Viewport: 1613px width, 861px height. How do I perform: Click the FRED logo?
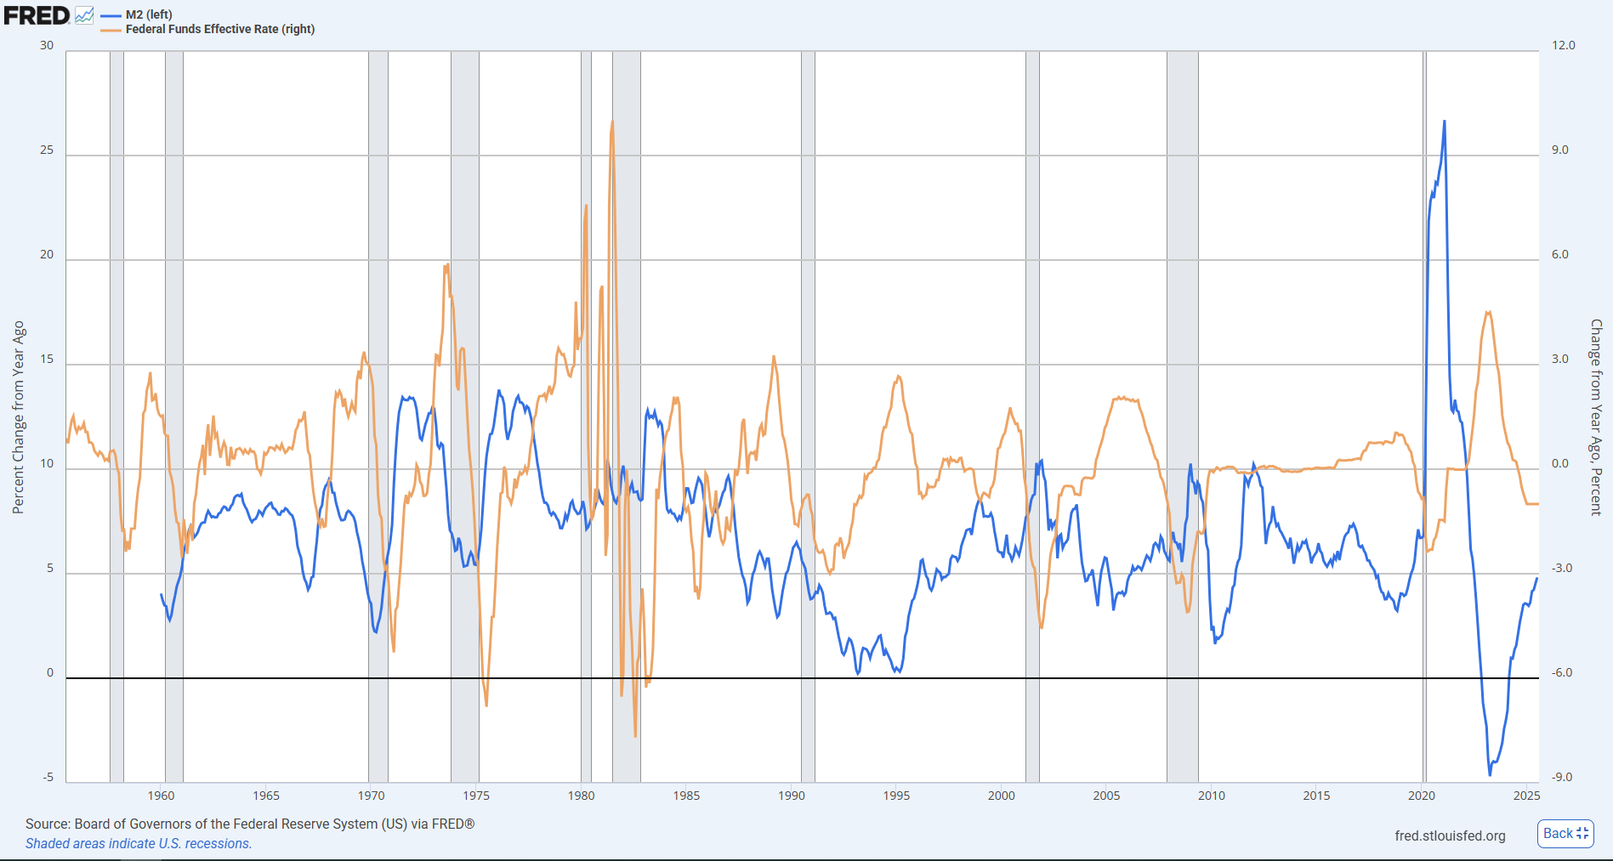point(37,15)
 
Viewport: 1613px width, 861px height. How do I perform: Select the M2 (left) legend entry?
point(148,14)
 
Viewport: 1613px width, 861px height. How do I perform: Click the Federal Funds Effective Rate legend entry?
point(219,29)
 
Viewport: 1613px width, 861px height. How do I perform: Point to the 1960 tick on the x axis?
point(161,796)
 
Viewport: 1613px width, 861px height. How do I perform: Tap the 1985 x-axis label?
point(686,796)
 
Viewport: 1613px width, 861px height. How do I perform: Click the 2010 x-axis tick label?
point(1212,796)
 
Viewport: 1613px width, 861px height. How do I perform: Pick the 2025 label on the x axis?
point(1526,796)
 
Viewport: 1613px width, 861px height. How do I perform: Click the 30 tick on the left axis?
point(47,46)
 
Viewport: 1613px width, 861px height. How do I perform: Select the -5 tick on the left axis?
point(48,778)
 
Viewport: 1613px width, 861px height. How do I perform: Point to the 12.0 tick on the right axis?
point(1563,46)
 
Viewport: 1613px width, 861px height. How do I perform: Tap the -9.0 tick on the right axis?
point(1562,778)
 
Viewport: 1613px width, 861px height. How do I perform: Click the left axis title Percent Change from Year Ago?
point(19,417)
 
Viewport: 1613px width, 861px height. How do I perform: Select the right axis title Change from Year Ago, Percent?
point(1596,417)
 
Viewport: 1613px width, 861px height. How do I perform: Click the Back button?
point(1565,834)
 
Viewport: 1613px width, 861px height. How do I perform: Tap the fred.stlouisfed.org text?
point(1450,836)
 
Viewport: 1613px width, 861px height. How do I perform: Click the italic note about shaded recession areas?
point(139,844)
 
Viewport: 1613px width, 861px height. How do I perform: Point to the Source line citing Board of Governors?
point(250,824)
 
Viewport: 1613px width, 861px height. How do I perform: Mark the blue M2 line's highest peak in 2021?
point(1444,122)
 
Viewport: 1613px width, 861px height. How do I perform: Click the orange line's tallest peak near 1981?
point(612,122)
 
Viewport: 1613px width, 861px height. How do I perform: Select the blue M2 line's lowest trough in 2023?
point(1490,774)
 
